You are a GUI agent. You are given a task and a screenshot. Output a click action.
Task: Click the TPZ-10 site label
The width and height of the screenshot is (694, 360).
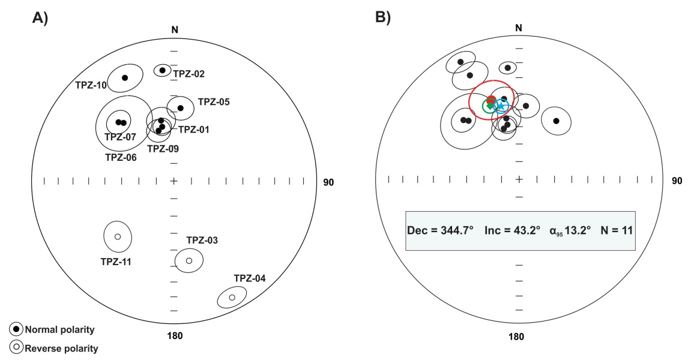click(91, 85)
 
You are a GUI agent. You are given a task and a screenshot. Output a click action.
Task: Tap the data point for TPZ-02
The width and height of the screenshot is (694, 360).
click(162, 70)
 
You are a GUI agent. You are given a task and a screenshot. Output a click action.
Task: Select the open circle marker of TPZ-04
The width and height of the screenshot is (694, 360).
click(232, 298)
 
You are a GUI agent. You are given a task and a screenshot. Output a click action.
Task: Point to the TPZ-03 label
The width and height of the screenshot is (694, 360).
click(202, 241)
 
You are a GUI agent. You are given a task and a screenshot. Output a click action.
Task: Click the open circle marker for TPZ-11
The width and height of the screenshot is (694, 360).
click(118, 236)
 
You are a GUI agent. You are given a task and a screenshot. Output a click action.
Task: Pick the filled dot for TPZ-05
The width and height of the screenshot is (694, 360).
click(180, 108)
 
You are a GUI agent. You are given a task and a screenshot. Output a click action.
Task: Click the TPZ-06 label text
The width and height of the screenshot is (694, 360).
click(120, 158)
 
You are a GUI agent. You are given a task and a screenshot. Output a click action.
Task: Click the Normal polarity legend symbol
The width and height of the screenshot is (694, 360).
click(16, 329)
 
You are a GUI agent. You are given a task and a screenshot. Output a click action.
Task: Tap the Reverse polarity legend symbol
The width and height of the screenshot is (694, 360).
click(16, 347)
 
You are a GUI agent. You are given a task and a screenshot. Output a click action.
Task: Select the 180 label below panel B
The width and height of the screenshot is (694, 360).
click(517, 337)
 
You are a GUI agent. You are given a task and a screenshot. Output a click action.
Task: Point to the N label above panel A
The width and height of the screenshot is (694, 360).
click(175, 29)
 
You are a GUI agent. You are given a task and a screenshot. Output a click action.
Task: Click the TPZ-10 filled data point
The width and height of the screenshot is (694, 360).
click(125, 77)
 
